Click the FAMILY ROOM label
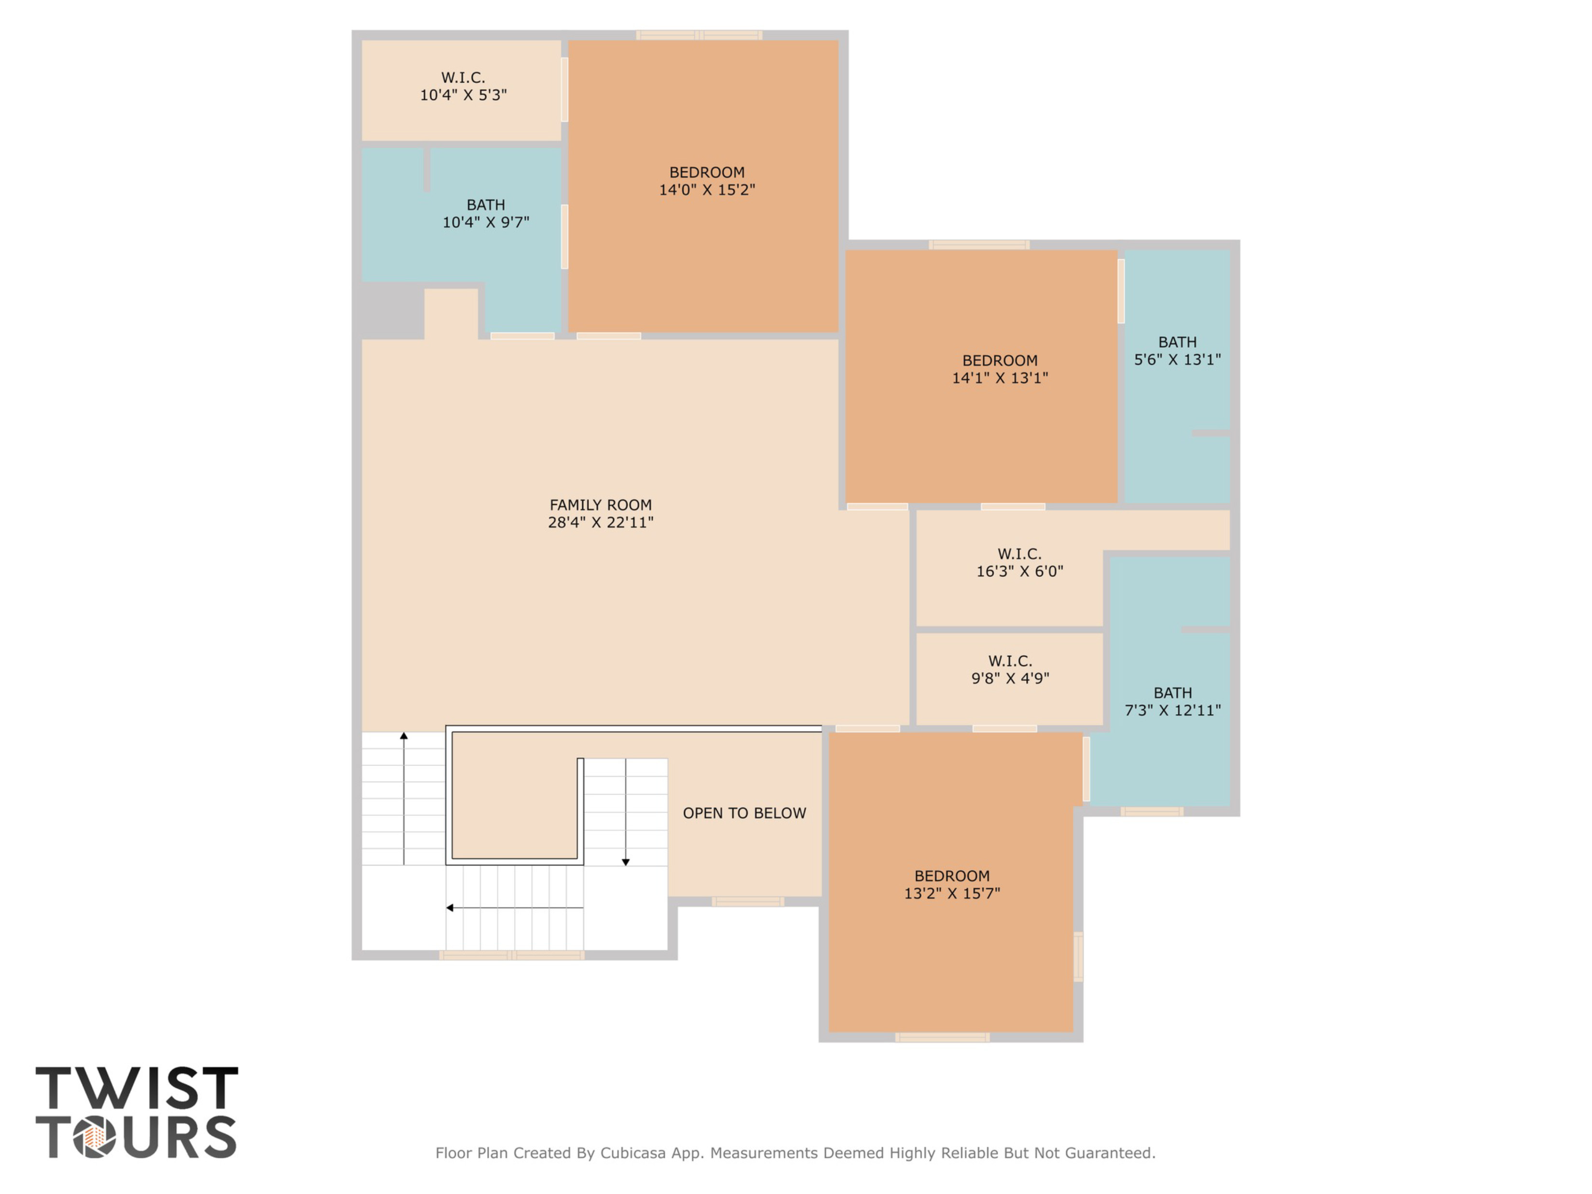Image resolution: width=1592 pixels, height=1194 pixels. pos(600,505)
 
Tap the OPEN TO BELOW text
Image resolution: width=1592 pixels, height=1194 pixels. pos(744,813)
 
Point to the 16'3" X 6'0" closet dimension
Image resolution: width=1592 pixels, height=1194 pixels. pos(1019,572)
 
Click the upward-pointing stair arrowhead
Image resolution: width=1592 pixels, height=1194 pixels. pos(404,736)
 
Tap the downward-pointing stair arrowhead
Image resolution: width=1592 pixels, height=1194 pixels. pos(625,862)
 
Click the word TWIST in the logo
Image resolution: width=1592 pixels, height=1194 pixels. pos(137,1088)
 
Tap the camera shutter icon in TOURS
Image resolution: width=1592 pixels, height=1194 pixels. pos(94,1137)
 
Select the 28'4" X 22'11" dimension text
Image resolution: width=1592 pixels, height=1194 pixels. pos(600,522)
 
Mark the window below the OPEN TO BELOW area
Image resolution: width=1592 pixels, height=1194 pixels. pos(748,902)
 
